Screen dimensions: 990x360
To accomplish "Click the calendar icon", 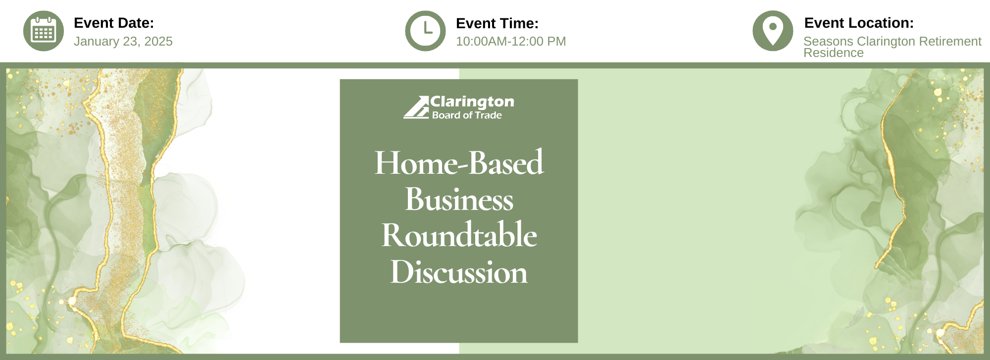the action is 44,31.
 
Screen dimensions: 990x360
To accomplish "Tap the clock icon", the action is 426,31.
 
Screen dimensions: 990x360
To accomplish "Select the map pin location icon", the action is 773,31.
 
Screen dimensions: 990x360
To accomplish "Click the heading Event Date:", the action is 114,23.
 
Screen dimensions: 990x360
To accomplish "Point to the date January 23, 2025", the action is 123,41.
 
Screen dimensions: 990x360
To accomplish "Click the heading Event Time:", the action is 497,23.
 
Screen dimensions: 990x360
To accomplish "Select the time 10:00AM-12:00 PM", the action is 511,41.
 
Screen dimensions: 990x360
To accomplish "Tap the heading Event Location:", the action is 859,23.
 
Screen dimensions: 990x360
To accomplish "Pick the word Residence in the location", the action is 834,53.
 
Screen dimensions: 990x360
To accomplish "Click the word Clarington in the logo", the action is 472,102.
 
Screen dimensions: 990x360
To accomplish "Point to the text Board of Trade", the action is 467,115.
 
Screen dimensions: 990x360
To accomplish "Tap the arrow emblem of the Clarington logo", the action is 416,107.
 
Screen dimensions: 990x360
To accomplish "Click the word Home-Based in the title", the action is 459,162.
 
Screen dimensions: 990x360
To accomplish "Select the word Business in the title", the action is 459,199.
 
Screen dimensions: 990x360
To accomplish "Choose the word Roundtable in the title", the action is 459,235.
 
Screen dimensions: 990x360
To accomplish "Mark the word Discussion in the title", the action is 459,272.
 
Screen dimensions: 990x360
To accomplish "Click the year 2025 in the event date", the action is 158,41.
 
